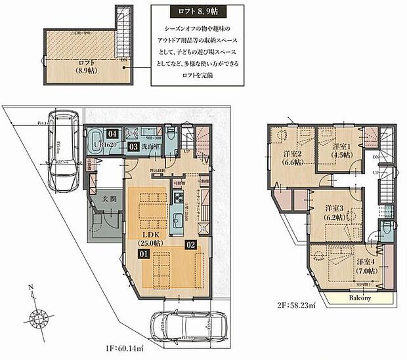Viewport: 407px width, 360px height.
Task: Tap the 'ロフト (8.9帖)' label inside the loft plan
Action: (72, 69)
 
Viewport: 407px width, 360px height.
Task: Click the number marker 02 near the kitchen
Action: (191, 245)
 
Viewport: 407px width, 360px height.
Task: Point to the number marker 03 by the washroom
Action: (133, 147)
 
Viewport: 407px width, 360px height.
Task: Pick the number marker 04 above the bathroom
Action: (113, 132)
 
